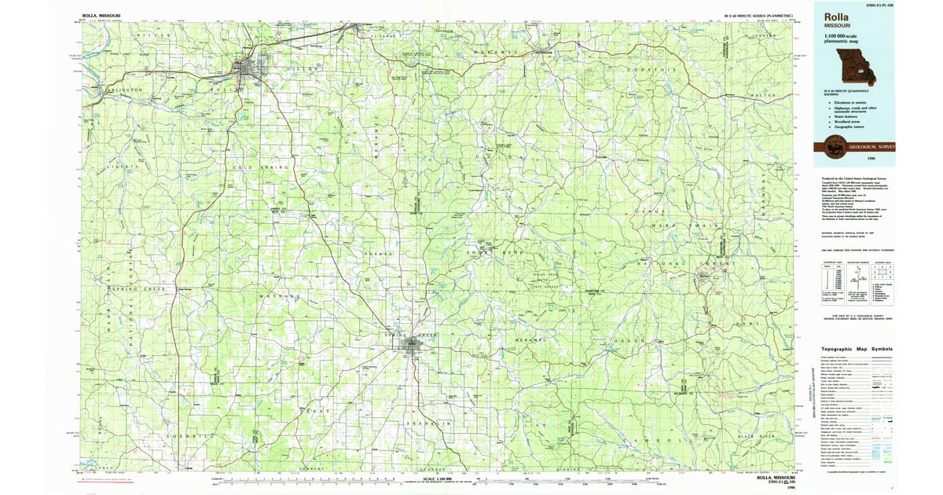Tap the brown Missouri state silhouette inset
[x=858, y=69]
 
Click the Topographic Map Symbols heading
[x=857, y=348]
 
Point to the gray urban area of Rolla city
[x=248, y=70]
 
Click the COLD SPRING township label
[x=257, y=167]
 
